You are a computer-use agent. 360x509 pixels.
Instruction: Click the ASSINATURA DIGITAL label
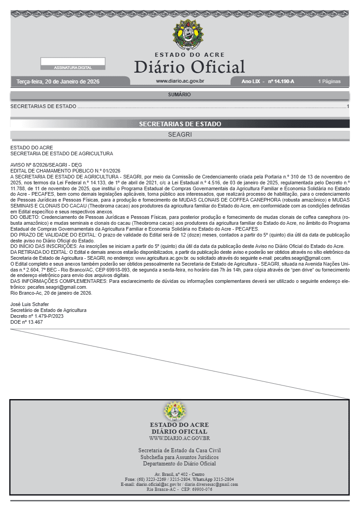click(73, 68)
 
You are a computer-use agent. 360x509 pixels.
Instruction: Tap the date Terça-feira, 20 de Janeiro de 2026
click(58, 82)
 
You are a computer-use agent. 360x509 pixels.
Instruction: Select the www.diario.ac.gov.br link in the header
click(180, 81)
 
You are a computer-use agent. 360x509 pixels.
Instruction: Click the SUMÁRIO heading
click(179, 95)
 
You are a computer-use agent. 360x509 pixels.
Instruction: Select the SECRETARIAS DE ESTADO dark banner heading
click(180, 124)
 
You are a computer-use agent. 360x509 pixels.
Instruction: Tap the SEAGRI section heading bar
click(180, 135)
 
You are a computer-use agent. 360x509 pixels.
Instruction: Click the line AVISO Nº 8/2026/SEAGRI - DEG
click(46, 165)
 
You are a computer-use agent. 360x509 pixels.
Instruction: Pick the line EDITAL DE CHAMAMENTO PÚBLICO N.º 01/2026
click(59, 170)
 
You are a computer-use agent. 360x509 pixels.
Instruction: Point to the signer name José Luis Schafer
click(30, 304)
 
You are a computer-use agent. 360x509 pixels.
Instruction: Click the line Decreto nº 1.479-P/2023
click(37, 316)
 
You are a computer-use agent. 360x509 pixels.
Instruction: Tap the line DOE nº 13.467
click(26, 322)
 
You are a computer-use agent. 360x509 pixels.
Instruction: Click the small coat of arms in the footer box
click(175, 411)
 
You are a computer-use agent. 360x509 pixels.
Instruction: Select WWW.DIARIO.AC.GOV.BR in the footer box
click(179, 438)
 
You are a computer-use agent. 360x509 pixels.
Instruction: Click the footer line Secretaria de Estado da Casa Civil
click(179, 450)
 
